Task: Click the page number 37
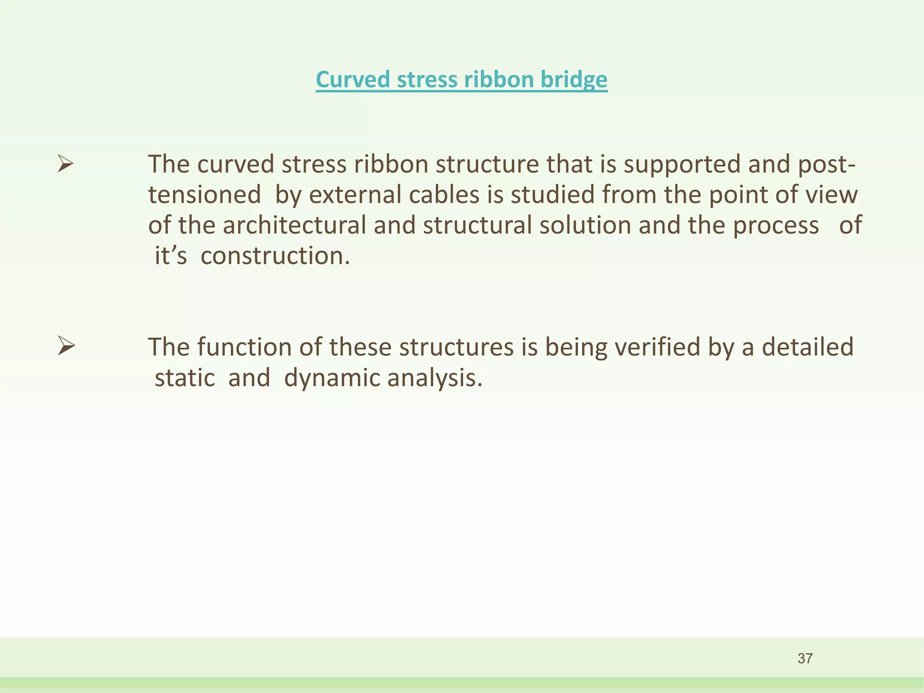[805, 658]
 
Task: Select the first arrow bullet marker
[66, 163]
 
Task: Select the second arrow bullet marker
[66, 346]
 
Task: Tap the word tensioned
[204, 195]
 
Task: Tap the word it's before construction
[171, 256]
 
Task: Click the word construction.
[275, 256]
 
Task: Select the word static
[185, 378]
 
